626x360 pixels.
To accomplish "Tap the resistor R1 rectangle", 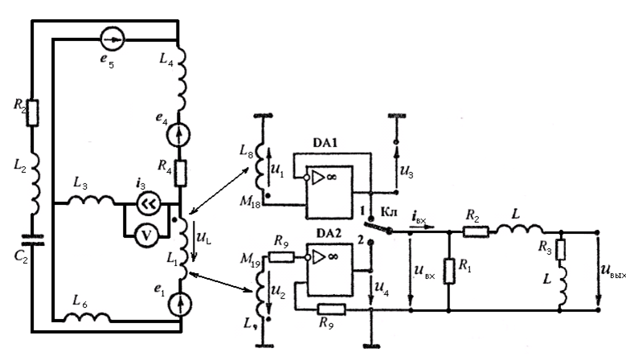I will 447,269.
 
